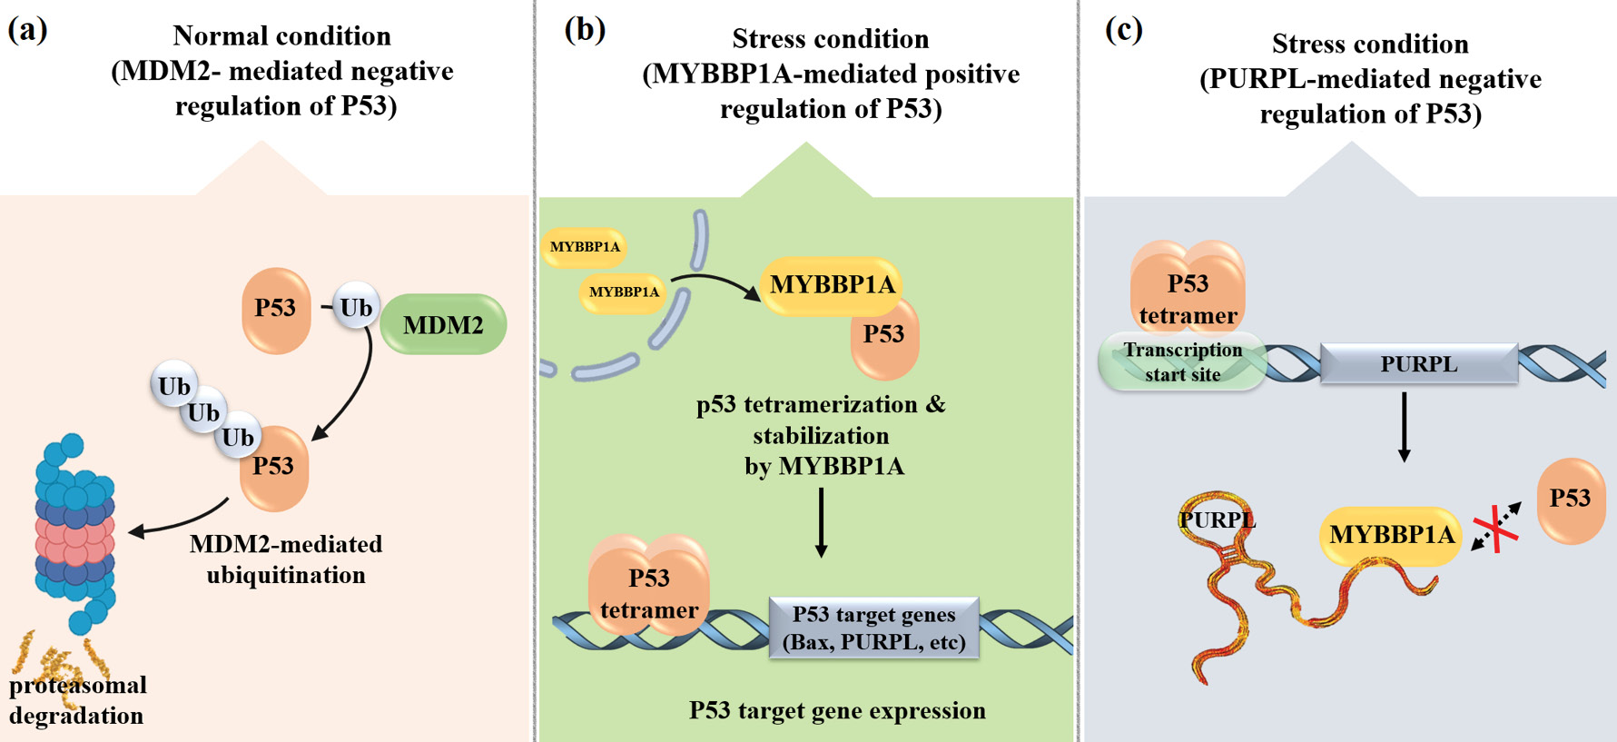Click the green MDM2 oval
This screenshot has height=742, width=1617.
tap(443, 324)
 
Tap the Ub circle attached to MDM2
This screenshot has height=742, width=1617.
tap(355, 308)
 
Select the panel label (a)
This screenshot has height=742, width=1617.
tap(27, 29)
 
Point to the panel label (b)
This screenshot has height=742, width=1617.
tap(585, 29)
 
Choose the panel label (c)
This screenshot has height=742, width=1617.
tap(1124, 29)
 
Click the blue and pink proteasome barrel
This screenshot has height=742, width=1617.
tap(75, 531)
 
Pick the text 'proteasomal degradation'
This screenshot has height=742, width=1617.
tap(78, 700)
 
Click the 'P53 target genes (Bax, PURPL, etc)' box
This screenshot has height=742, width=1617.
tap(873, 628)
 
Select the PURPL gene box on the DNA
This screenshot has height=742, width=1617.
tap(1418, 364)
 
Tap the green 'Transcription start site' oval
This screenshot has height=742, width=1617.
tap(1182, 361)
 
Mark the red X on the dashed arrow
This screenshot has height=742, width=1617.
tap(1495, 529)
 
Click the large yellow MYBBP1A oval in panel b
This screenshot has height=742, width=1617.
tap(832, 285)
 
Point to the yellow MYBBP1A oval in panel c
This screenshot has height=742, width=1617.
tap(1391, 535)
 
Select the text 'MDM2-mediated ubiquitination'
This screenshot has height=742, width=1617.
tap(286, 559)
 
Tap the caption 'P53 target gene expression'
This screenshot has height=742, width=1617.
tap(837, 710)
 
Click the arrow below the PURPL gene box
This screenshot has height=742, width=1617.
tap(1405, 427)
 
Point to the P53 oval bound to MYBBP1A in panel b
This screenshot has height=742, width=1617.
tap(884, 338)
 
